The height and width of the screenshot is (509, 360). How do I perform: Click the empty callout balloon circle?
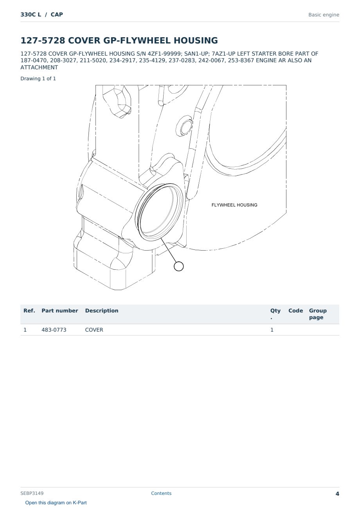click(178, 266)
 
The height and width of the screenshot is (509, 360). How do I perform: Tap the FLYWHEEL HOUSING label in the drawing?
click(234, 205)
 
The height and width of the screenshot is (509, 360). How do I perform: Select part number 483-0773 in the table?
click(54, 330)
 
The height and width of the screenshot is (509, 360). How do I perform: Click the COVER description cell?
click(94, 330)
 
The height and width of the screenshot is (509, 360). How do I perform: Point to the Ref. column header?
click(29, 310)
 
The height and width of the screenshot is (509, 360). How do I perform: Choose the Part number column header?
click(60, 310)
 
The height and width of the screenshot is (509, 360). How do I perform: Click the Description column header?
click(102, 310)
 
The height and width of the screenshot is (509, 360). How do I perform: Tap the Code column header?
click(295, 310)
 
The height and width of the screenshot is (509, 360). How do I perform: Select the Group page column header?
click(318, 314)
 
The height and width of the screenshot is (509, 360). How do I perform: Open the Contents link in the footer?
click(161, 493)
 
